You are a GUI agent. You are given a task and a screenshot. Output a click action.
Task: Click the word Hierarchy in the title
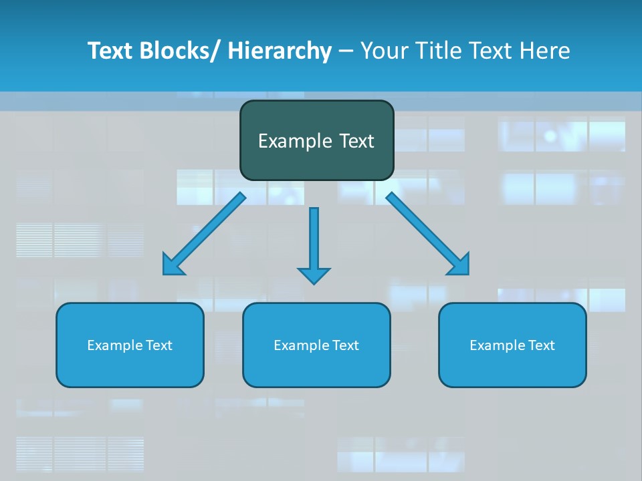pos(280,51)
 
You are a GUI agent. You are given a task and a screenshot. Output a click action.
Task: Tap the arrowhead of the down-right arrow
pos(460,266)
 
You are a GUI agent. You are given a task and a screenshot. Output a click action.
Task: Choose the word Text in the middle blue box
pos(345,345)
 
